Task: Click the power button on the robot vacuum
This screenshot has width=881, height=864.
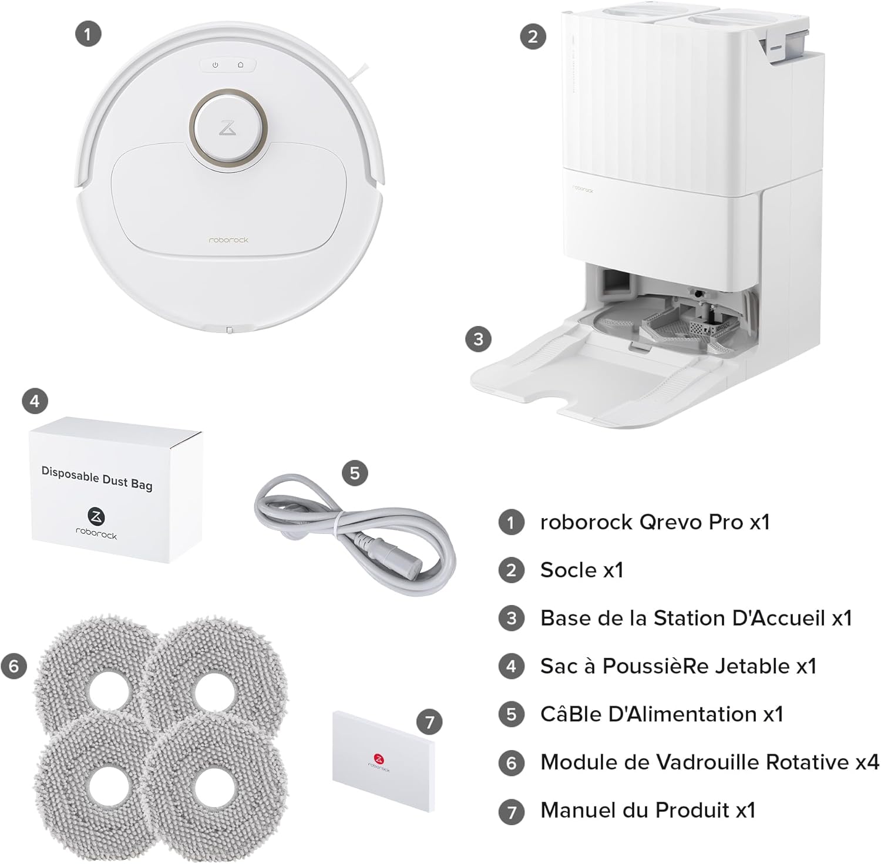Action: (216, 65)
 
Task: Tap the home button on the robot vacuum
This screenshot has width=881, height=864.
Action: (240, 65)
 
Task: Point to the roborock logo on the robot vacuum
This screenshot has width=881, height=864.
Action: (228, 240)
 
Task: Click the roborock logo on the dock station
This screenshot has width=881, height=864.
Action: (583, 189)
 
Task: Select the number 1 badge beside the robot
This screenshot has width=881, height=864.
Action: (88, 34)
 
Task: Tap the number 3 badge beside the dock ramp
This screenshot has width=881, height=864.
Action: (478, 339)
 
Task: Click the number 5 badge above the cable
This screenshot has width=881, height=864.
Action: (355, 473)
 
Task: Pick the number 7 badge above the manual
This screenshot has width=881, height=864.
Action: (430, 721)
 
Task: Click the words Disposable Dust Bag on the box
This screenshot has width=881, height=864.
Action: (97, 478)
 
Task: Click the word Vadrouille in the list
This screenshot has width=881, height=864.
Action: (691, 762)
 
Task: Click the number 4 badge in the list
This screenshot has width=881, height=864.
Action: (511, 667)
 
